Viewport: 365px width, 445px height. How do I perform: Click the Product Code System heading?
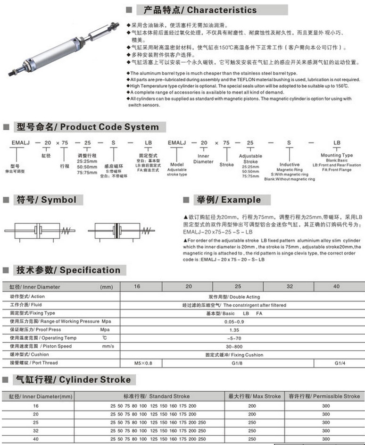coord(88,127)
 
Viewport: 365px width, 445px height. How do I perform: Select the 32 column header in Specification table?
coord(290,286)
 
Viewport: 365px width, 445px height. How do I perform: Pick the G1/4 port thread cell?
coord(340,363)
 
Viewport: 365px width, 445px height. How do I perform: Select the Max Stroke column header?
coord(255,396)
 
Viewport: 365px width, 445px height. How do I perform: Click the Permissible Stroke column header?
coord(325,396)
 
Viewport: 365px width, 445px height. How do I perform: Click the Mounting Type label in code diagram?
coord(337,155)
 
